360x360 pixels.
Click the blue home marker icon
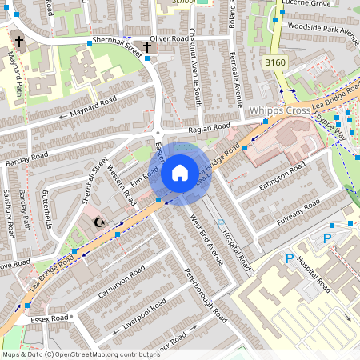[x=180, y=172]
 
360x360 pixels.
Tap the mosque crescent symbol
[x=100, y=222]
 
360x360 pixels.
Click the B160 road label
[x=275, y=62]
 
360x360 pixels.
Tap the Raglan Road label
[x=209, y=126]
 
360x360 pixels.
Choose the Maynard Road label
[x=93, y=106]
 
